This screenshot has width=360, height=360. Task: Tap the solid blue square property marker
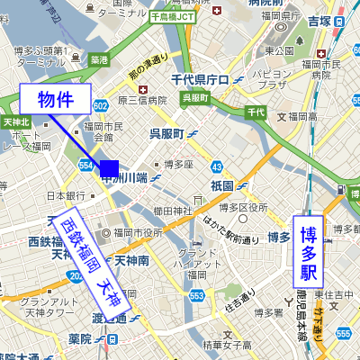coord(109,168)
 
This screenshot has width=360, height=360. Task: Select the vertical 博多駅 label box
coord(309,252)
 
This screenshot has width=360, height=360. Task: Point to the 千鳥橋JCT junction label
coord(173,17)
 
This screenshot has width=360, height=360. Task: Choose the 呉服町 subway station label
coord(166,134)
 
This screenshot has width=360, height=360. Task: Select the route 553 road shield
coord(197,296)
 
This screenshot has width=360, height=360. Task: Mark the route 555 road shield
coord(344,333)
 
